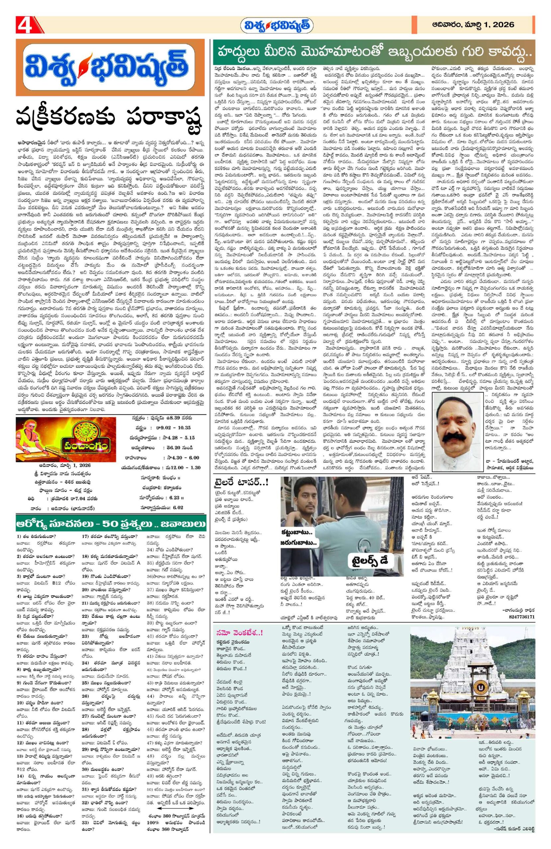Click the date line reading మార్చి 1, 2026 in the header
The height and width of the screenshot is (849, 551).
coord(473,25)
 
